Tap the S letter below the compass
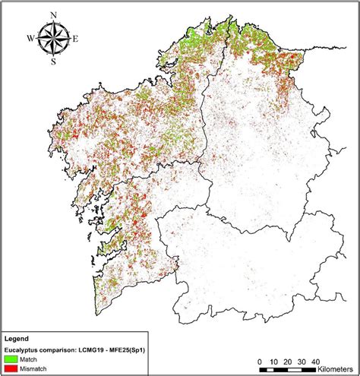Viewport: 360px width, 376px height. [x=52, y=62]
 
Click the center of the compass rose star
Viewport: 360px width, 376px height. [x=52, y=38]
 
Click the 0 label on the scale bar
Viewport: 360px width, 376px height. [x=260, y=361]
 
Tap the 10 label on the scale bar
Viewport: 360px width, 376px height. [x=274, y=361]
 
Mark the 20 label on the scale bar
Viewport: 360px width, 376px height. [x=289, y=361]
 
